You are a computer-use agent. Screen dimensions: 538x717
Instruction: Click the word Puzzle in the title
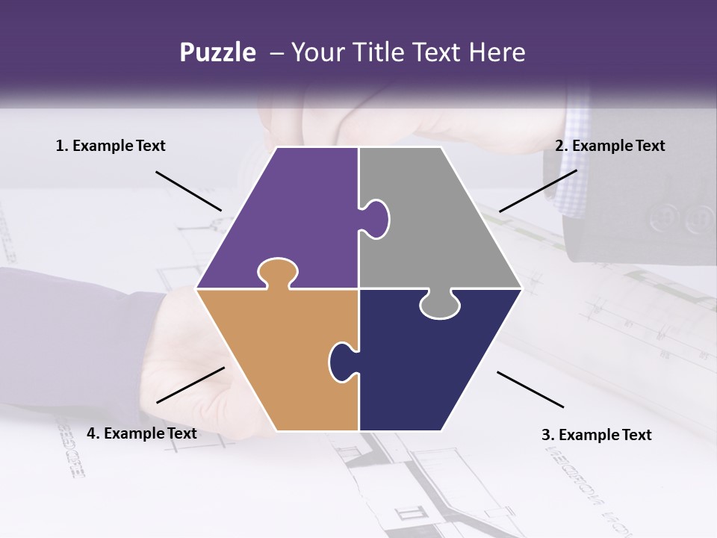[217, 53]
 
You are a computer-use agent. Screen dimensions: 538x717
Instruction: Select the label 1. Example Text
[111, 146]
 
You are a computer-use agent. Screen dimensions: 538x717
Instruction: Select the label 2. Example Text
[609, 146]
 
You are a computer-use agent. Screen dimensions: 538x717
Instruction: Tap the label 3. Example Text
[596, 435]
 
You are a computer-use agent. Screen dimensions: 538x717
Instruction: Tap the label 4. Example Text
[142, 433]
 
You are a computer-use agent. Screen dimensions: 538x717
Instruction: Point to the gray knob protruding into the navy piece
[440, 305]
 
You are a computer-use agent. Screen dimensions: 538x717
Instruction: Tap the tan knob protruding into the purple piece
[277, 272]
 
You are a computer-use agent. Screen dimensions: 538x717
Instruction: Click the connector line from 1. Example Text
[188, 191]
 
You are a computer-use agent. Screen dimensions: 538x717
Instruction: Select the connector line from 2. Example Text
[538, 191]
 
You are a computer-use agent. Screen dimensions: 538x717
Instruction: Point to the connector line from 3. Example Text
[530, 389]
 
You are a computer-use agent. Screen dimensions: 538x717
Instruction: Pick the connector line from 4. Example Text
[190, 385]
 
